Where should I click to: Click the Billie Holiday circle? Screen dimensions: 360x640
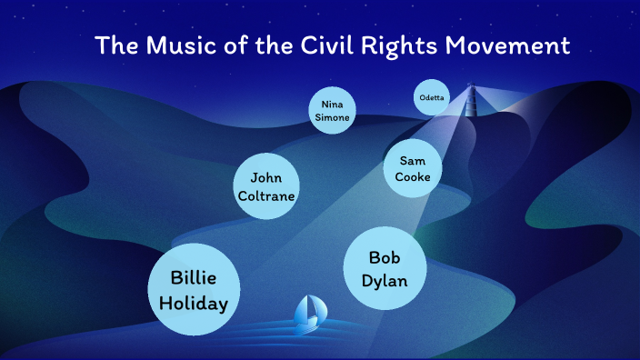194,290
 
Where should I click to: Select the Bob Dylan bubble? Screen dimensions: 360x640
385,268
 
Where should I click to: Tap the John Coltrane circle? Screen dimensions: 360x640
267,186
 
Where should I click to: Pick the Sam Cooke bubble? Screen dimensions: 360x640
413,168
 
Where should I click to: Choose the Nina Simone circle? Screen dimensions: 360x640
331,111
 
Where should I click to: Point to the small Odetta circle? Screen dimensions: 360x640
432,97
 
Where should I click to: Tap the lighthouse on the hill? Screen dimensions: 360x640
471,102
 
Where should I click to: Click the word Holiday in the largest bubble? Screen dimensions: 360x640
194,304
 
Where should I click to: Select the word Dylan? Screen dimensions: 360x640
385,281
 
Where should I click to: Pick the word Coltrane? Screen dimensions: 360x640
267,195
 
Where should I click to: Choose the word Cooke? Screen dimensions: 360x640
413,176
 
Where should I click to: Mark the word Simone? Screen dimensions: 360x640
331,117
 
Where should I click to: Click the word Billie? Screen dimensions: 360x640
194,277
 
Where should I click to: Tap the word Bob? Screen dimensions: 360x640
385,256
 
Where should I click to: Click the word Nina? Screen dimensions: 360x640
331,104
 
